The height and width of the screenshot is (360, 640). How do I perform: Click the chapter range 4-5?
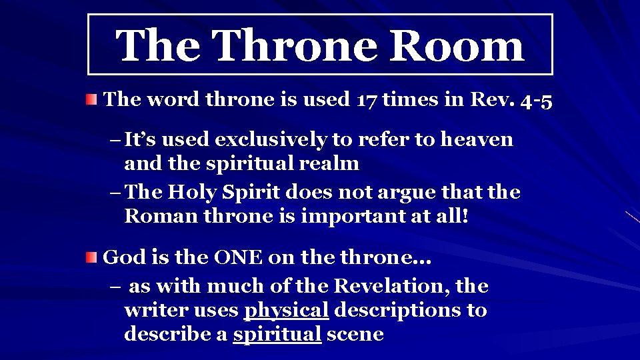click(537, 100)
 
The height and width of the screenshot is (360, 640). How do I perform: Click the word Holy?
click(193, 193)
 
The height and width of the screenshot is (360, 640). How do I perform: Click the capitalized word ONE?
click(236, 257)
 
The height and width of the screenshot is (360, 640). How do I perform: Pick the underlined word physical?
click(286, 311)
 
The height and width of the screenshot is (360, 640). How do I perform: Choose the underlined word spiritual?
click(277, 334)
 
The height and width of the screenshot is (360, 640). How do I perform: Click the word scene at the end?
click(355, 334)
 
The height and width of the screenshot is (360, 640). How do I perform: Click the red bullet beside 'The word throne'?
click(92, 100)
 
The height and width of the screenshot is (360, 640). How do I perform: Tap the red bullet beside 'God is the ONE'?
click(92, 257)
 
